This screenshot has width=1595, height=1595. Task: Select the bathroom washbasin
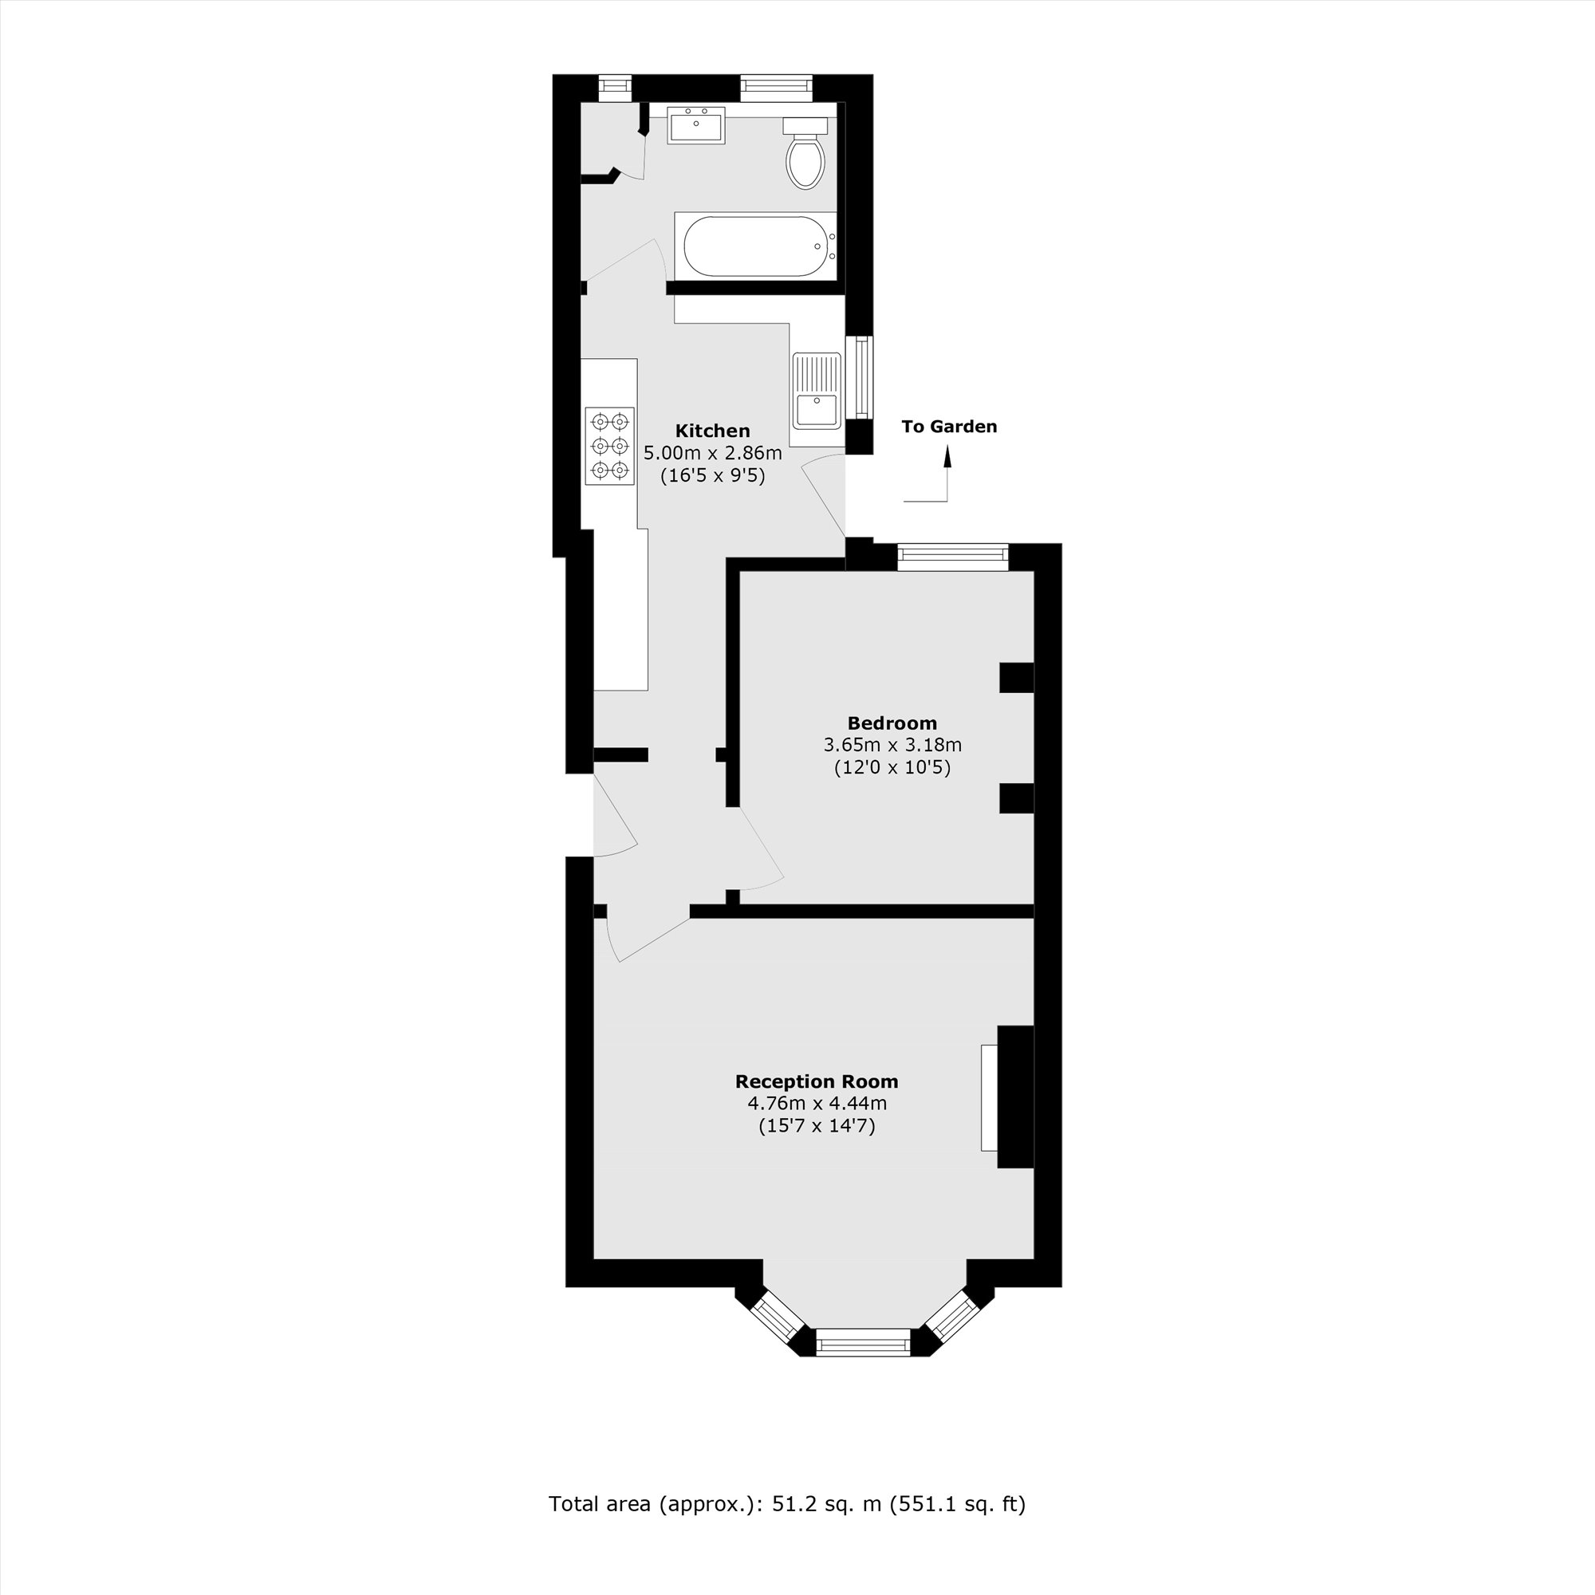coord(696,125)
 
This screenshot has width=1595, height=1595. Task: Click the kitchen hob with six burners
coord(610,445)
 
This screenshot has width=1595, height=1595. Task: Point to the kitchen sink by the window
coord(816,390)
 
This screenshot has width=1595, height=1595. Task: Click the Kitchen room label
coord(712,430)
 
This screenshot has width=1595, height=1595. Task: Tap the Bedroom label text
coord(892,723)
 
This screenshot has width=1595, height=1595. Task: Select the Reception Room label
coord(817,1081)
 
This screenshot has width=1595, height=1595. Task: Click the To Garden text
coord(948,426)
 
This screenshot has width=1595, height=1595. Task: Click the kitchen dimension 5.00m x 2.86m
coord(712,452)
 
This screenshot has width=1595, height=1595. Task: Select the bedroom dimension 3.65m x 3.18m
coord(892,745)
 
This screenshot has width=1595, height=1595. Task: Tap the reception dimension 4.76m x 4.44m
coord(817,1103)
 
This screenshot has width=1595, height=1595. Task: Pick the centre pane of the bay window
coord(863,1341)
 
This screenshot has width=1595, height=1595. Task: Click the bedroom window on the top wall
coord(953,557)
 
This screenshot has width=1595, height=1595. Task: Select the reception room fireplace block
coord(1014,1097)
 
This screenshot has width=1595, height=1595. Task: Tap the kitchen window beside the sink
coord(863,378)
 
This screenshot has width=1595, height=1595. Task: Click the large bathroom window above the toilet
coord(776,88)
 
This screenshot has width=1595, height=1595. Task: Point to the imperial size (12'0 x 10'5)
coord(892,768)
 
